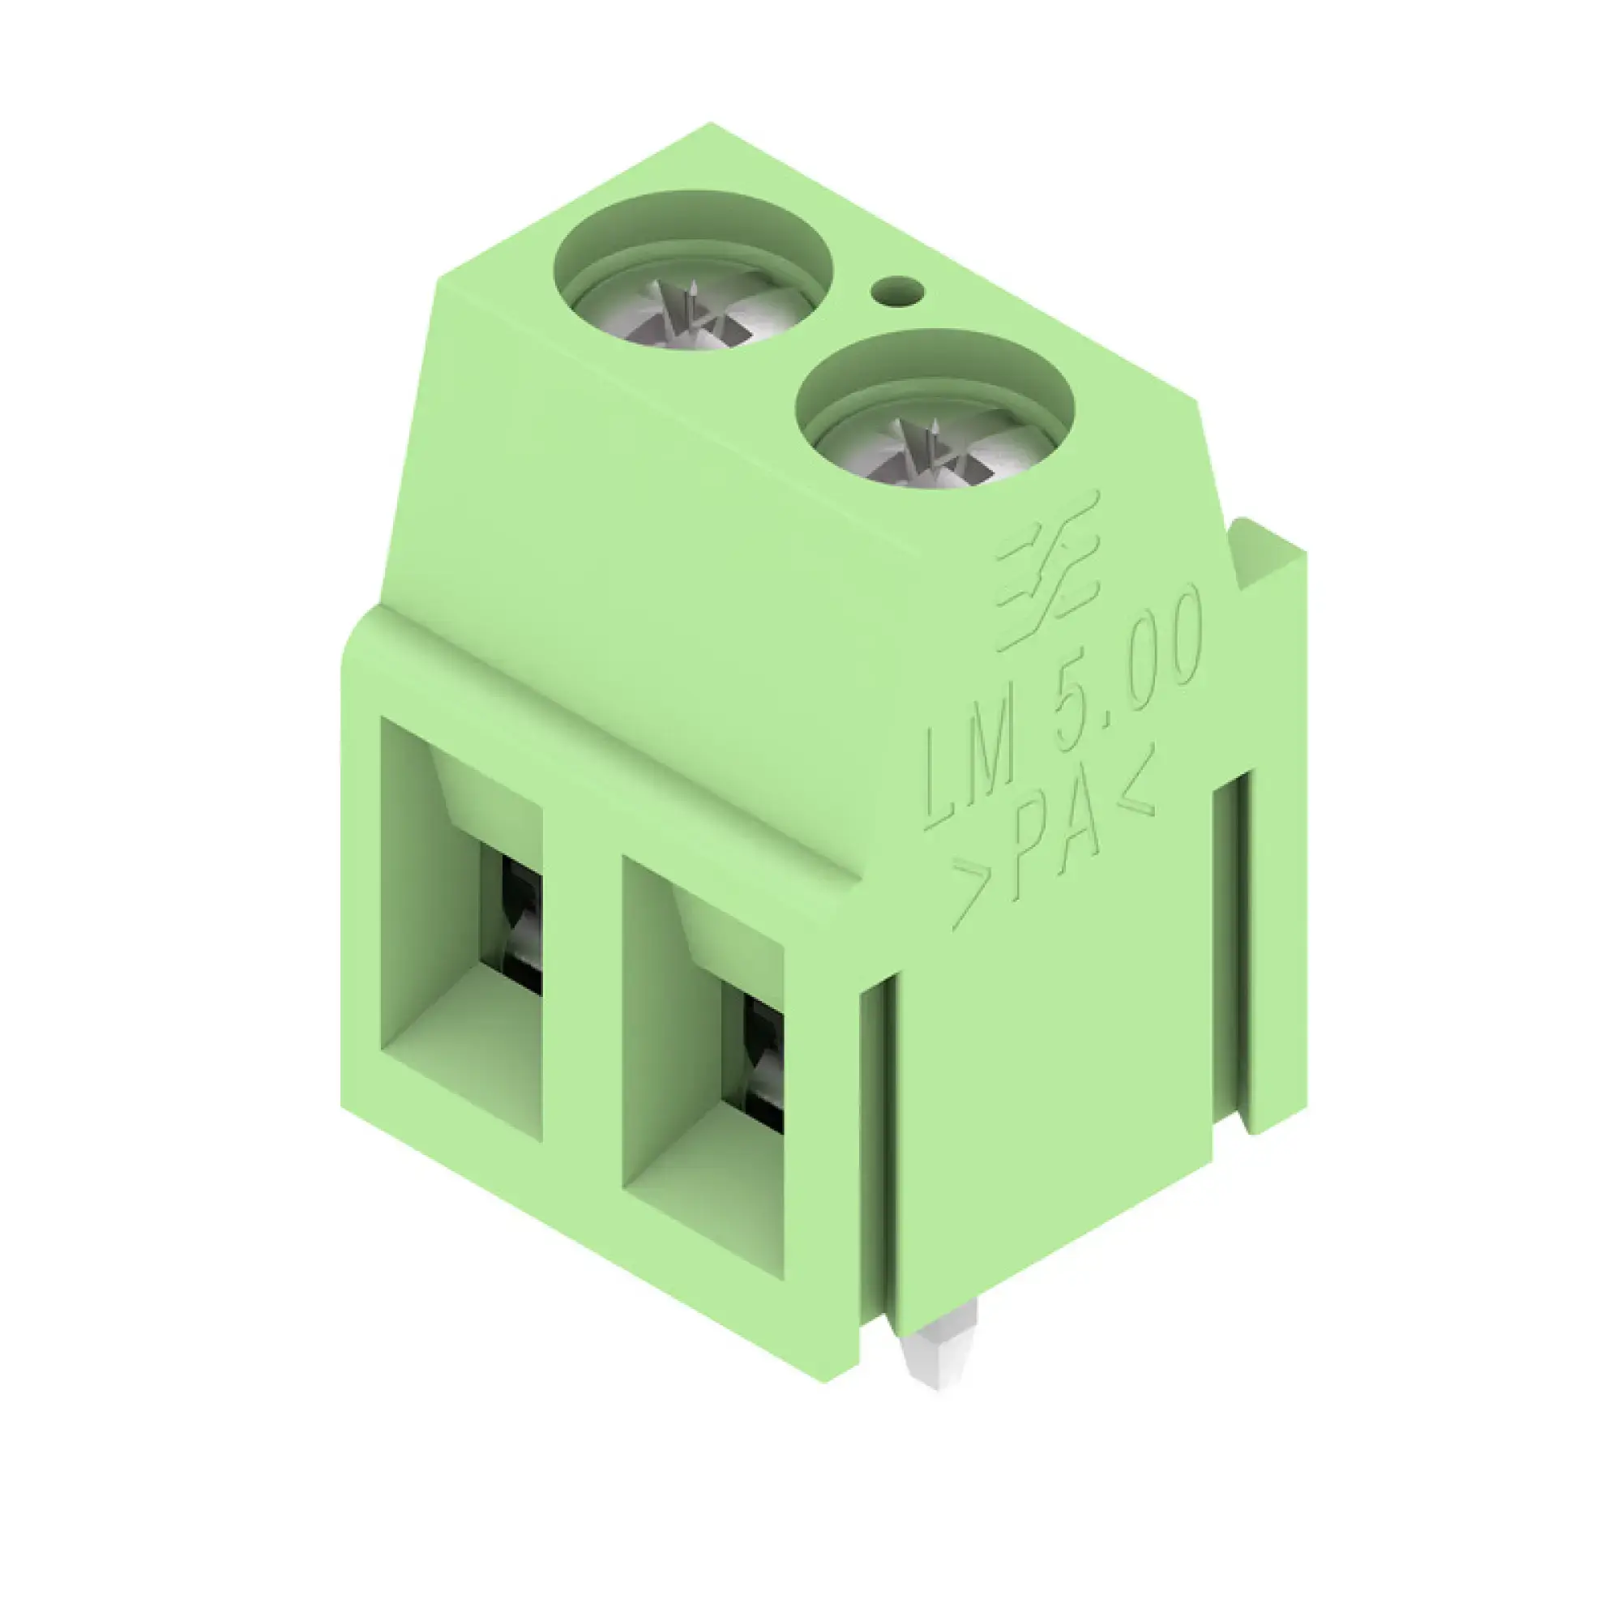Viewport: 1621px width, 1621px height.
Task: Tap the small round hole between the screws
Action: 897,292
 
